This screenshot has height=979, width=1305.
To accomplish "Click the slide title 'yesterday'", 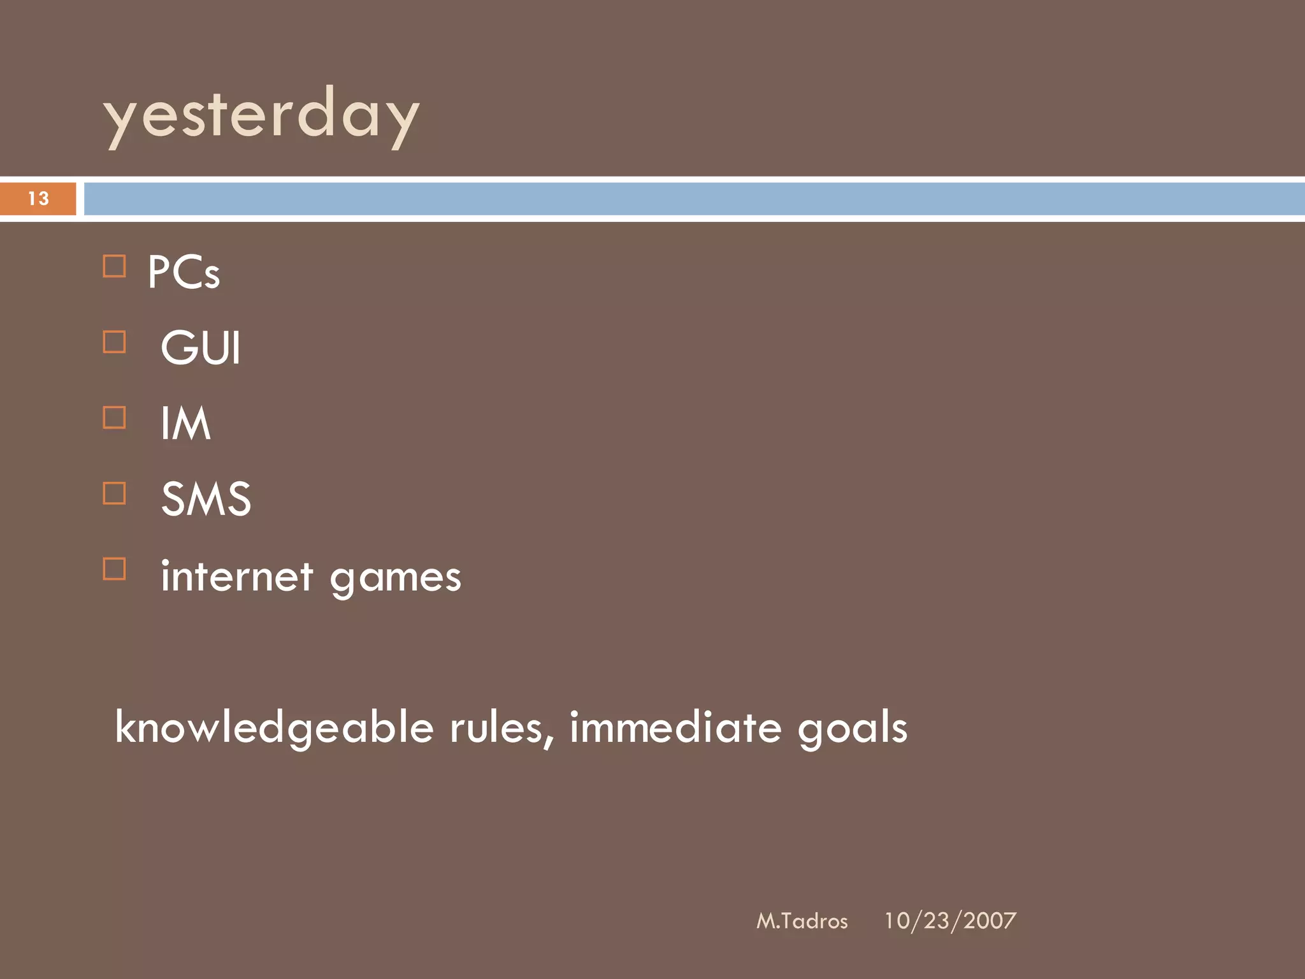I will tap(261, 116).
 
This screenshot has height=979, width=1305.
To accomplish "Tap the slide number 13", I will tap(38, 199).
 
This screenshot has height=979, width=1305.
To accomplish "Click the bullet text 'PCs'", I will tap(184, 273).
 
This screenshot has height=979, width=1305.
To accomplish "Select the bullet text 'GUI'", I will tap(201, 348).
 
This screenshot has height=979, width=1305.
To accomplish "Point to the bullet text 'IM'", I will tap(185, 423).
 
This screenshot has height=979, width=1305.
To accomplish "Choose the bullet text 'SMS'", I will tap(206, 499).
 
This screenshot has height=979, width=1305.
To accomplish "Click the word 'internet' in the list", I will tap(237, 576).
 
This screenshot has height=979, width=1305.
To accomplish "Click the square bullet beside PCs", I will tap(114, 266).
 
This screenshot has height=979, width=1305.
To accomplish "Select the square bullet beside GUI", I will tap(114, 342).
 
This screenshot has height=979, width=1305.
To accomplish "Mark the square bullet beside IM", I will tap(114, 418).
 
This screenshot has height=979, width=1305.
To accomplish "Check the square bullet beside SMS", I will tap(114, 493).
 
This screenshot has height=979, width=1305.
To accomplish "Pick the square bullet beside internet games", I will tap(114, 569).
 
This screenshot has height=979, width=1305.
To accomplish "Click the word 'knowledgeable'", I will tap(274, 728).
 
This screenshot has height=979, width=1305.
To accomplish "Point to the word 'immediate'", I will tap(675, 728).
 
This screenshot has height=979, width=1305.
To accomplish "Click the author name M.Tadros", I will tap(802, 921).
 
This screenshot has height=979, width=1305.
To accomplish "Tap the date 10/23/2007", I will tap(949, 921).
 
